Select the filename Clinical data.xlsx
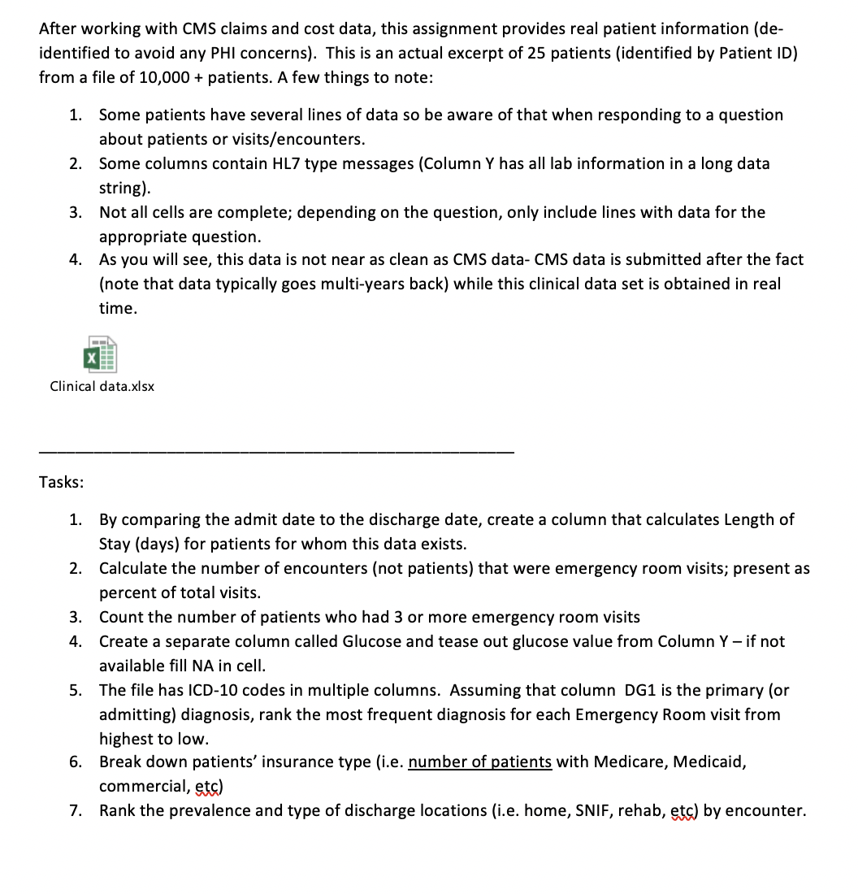pos(102,386)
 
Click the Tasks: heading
pos(61,482)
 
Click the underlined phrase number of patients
pos(480,762)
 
